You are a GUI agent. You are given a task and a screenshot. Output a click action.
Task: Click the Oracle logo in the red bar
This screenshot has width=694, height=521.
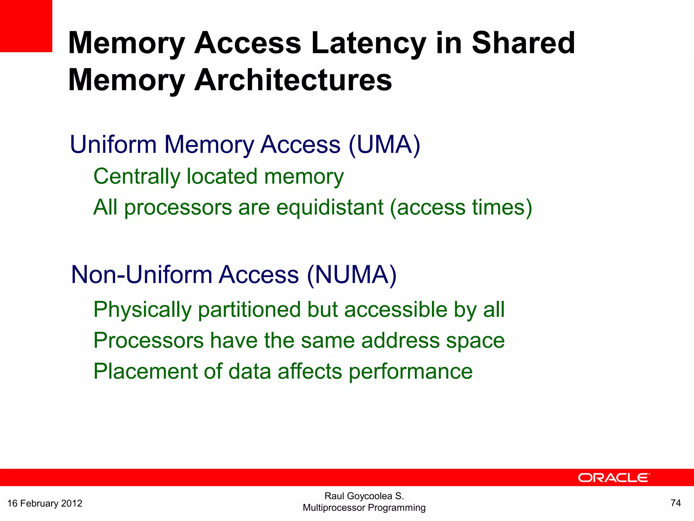coord(614,478)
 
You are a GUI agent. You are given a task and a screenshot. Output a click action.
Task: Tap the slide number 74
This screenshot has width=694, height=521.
coord(675,503)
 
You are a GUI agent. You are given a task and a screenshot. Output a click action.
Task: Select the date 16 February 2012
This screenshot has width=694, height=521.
coord(45,503)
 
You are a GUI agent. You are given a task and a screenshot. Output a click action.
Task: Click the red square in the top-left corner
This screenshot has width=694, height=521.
coord(26,26)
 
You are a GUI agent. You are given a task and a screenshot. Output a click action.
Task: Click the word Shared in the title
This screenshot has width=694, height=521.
coord(523,43)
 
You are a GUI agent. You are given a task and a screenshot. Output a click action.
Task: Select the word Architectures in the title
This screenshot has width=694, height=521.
coord(293,80)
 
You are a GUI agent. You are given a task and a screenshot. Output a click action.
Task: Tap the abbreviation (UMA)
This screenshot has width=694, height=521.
coord(384,145)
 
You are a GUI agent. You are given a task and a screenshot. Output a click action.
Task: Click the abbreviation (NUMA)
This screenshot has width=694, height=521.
coord(351,275)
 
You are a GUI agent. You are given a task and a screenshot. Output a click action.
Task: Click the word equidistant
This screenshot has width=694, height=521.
coord(330,207)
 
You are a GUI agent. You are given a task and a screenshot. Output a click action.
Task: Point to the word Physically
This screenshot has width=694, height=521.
coord(142,310)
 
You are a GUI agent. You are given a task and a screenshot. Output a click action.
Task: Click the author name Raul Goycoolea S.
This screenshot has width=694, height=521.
coord(364,496)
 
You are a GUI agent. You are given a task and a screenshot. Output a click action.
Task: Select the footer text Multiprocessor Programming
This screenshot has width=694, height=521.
coord(364,508)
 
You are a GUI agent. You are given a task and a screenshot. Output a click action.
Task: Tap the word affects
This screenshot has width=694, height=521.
coord(310,371)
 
